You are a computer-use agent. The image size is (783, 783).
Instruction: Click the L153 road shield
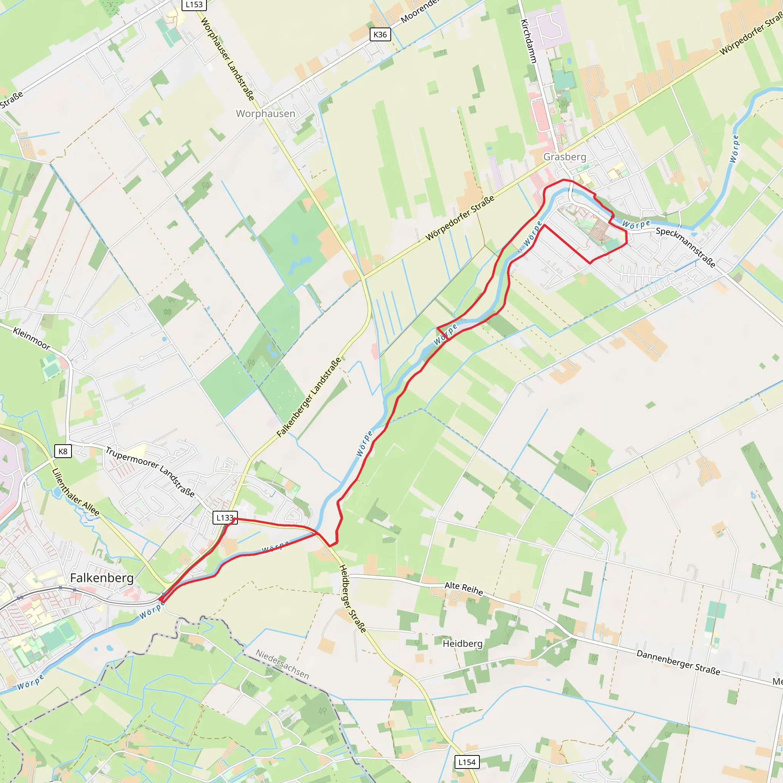pos(194,5)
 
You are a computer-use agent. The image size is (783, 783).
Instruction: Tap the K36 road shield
pos(380,34)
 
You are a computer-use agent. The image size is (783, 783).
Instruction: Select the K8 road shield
pos(63,451)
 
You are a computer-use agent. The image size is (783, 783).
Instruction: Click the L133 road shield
pos(224,518)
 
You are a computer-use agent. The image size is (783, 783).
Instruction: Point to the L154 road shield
pos(466,762)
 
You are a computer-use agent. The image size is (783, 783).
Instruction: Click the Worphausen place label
pos(265,114)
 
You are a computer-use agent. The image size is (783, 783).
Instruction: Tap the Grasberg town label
pos(565,157)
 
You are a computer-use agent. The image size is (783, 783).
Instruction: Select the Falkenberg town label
pos(102,578)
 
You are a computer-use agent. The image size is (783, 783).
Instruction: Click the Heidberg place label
pos(463,643)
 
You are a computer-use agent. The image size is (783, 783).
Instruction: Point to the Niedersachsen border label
pos(283,664)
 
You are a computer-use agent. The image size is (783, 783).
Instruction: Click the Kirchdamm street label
pos(528,41)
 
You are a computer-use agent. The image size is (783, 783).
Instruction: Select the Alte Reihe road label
pos(464,588)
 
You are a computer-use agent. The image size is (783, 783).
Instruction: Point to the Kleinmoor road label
pos(32,338)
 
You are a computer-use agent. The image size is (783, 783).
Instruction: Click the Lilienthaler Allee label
pos(76,492)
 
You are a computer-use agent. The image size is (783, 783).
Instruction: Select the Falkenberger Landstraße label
pos(309,398)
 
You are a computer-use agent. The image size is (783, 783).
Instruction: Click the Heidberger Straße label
pos(352,598)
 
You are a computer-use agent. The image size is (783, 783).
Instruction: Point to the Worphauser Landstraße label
pos(227,59)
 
